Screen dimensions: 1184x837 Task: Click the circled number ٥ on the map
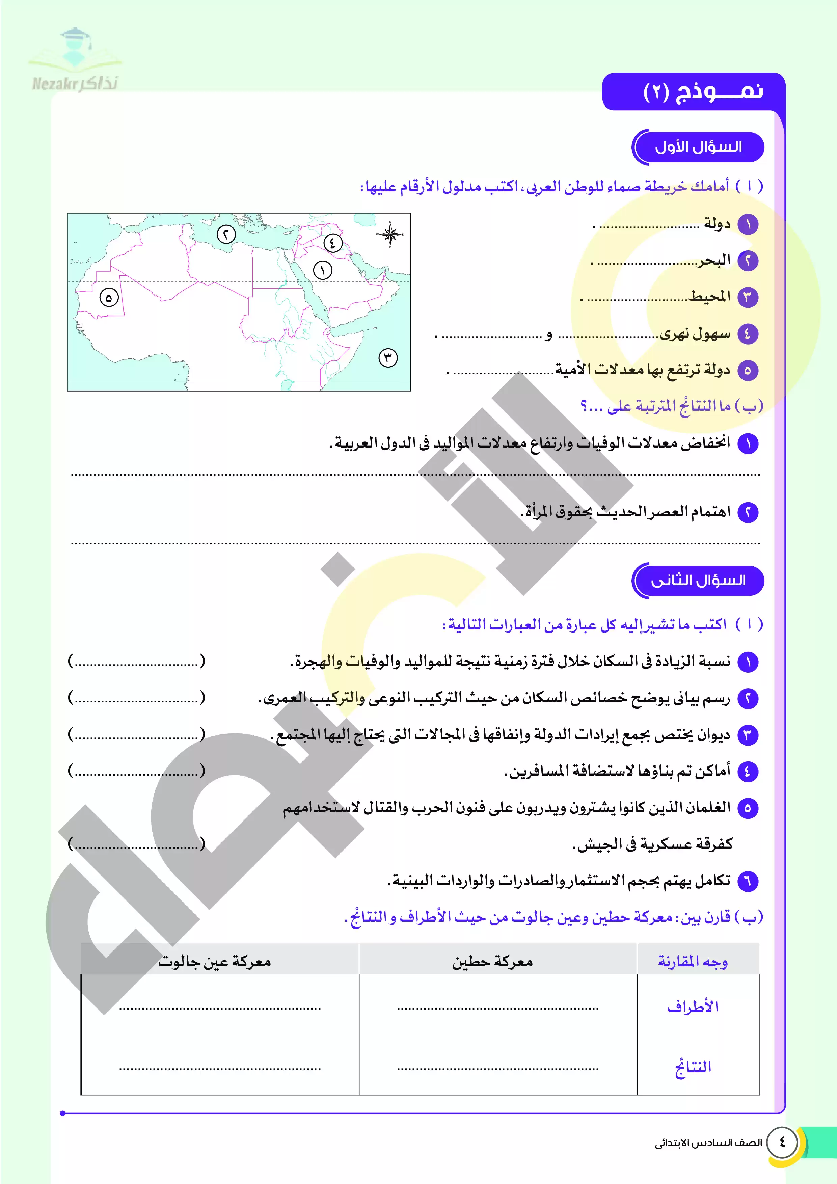(109, 298)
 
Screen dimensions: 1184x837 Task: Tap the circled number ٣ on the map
(388, 357)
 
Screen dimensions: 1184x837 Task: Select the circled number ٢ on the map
(226, 235)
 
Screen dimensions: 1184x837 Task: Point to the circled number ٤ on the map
(333, 242)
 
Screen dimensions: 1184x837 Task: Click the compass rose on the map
(390, 235)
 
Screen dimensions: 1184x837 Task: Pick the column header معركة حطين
(492, 962)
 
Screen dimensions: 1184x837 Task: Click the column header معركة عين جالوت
(215, 962)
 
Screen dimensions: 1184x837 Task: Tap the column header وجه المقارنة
(693, 962)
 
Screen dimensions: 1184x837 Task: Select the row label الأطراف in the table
(693, 1006)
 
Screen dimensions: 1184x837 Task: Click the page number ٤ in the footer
(782, 1142)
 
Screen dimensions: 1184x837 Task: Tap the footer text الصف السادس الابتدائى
(708, 1143)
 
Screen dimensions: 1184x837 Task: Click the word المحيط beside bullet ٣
(710, 297)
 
